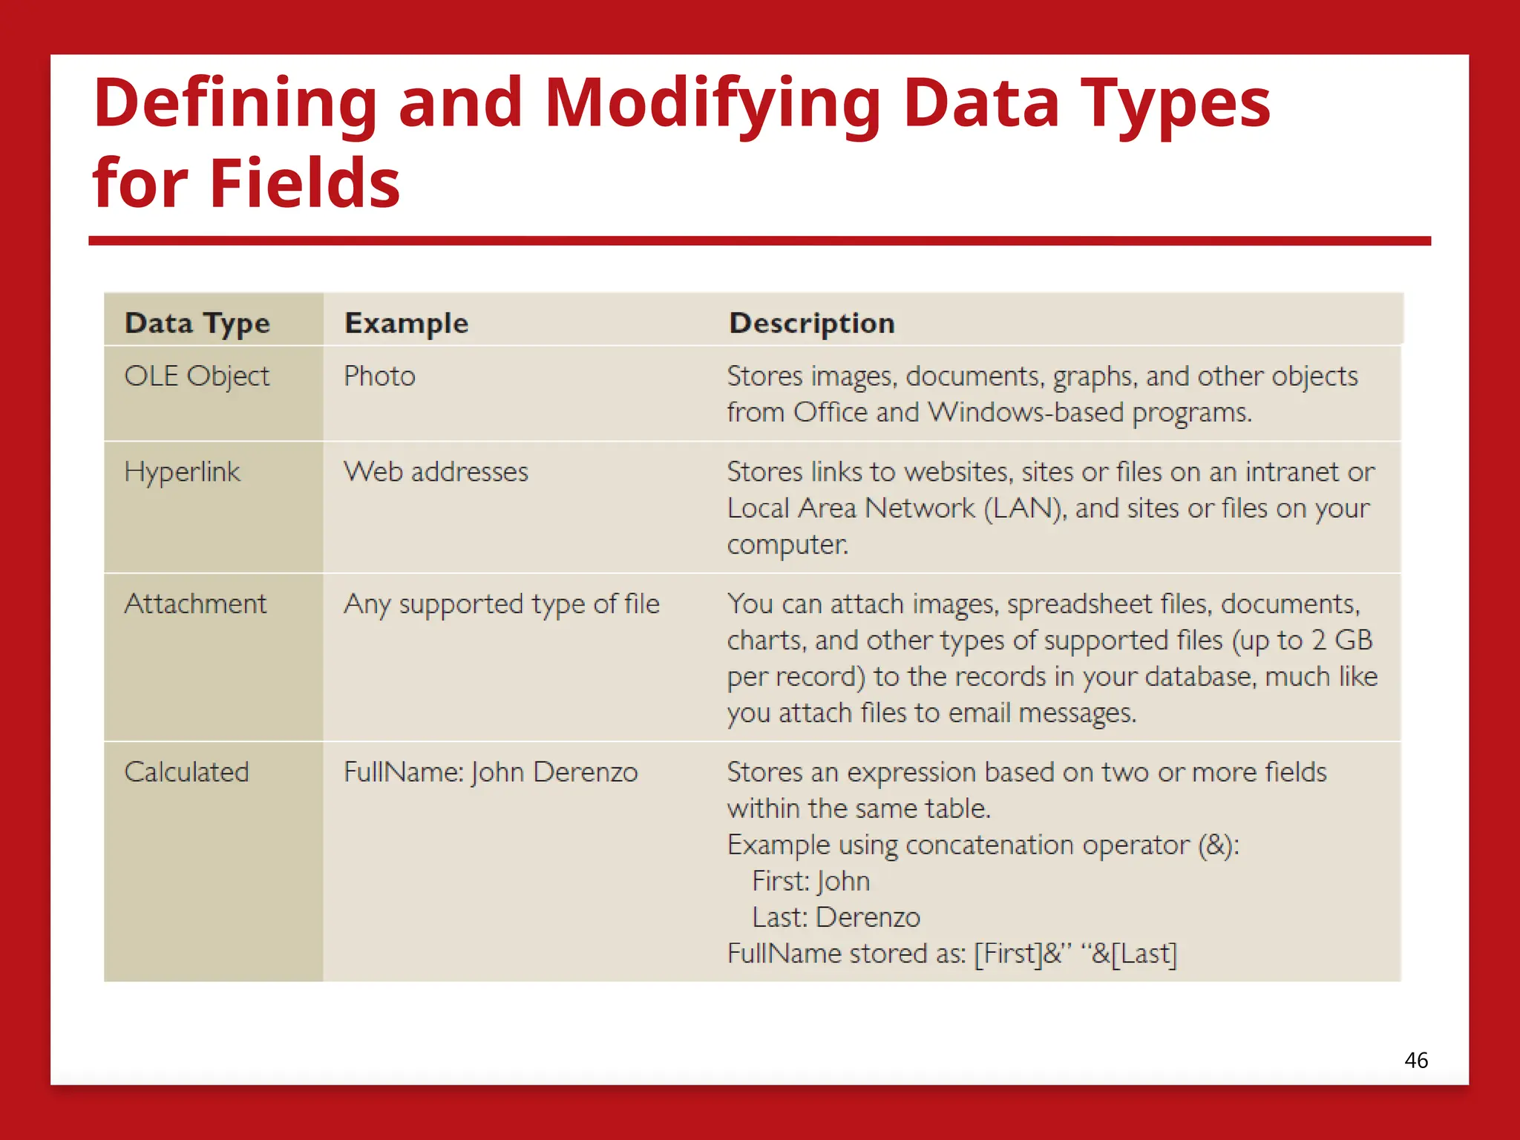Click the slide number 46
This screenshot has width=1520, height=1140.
(x=1415, y=1060)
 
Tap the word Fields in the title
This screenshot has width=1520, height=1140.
(x=304, y=184)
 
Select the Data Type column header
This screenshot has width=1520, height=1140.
(x=197, y=324)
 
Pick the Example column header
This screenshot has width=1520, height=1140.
(x=406, y=324)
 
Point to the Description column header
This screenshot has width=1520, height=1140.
(x=812, y=324)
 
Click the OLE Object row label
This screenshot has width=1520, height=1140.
(x=197, y=376)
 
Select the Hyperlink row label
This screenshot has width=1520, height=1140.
(x=182, y=472)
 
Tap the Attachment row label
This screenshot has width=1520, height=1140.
(x=195, y=604)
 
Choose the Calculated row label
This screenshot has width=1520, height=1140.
(x=186, y=773)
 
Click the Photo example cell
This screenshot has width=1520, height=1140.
(x=379, y=376)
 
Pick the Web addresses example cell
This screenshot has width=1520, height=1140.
(x=436, y=472)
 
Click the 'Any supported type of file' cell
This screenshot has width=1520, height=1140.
(x=501, y=604)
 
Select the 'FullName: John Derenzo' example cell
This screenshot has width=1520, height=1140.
(x=491, y=773)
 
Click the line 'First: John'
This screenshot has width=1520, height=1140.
(x=810, y=881)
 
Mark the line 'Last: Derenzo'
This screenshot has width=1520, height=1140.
(x=836, y=917)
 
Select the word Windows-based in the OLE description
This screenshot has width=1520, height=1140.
(x=1026, y=413)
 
